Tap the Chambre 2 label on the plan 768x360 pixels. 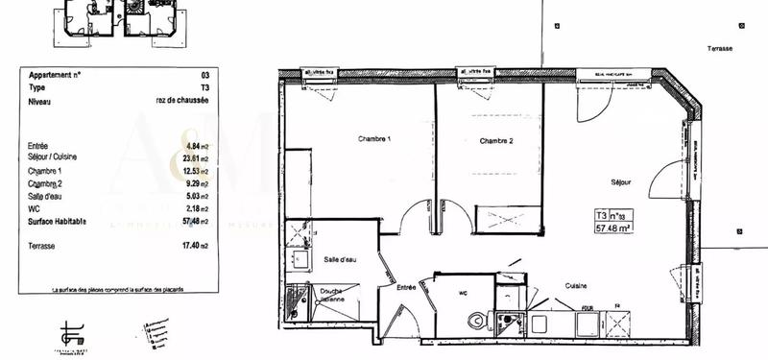coord(496,141)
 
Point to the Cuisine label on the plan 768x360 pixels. coord(576,285)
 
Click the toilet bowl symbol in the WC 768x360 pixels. coord(472,322)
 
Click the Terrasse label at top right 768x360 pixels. coord(720,48)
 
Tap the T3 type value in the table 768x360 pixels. coord(203,86)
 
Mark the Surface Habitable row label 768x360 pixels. coord(58,222)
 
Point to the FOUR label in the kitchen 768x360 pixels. coord(587,309)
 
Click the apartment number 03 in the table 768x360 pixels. coord(204,74)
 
